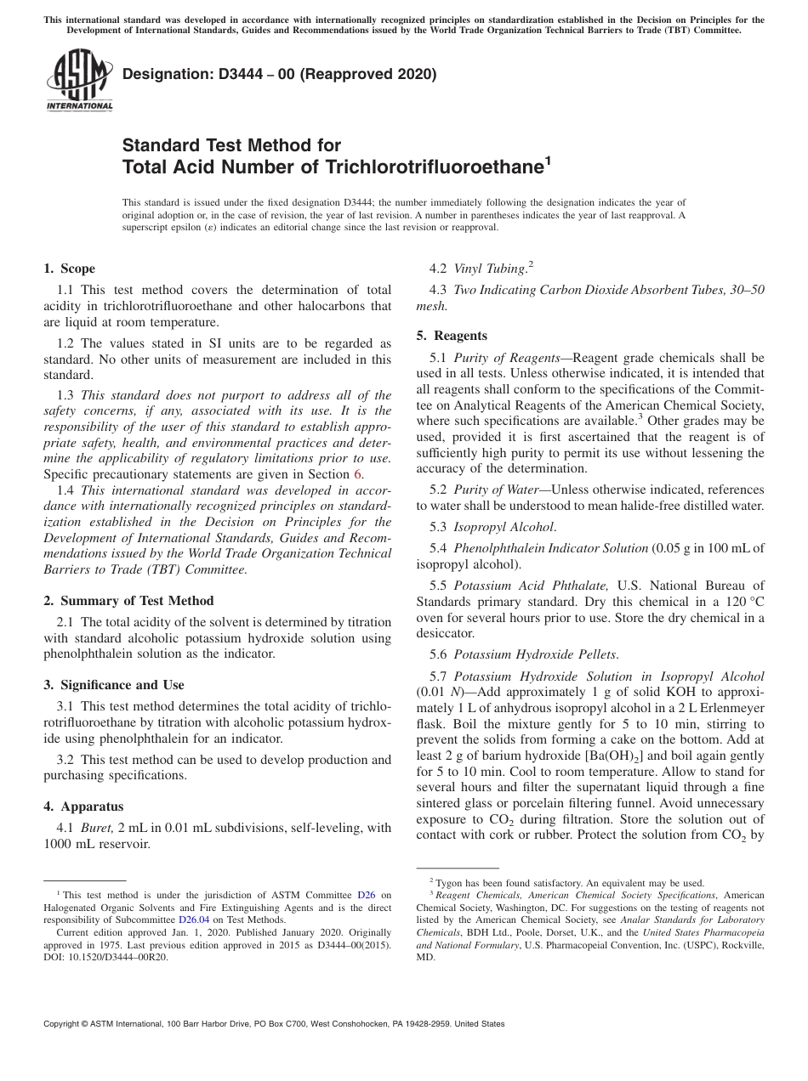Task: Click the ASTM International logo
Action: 78,80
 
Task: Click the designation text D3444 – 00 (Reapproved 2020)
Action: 279,75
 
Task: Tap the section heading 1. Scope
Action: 70,269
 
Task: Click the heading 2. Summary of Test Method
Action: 128,601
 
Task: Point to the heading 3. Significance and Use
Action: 114,685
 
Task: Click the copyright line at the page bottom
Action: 274,1024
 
